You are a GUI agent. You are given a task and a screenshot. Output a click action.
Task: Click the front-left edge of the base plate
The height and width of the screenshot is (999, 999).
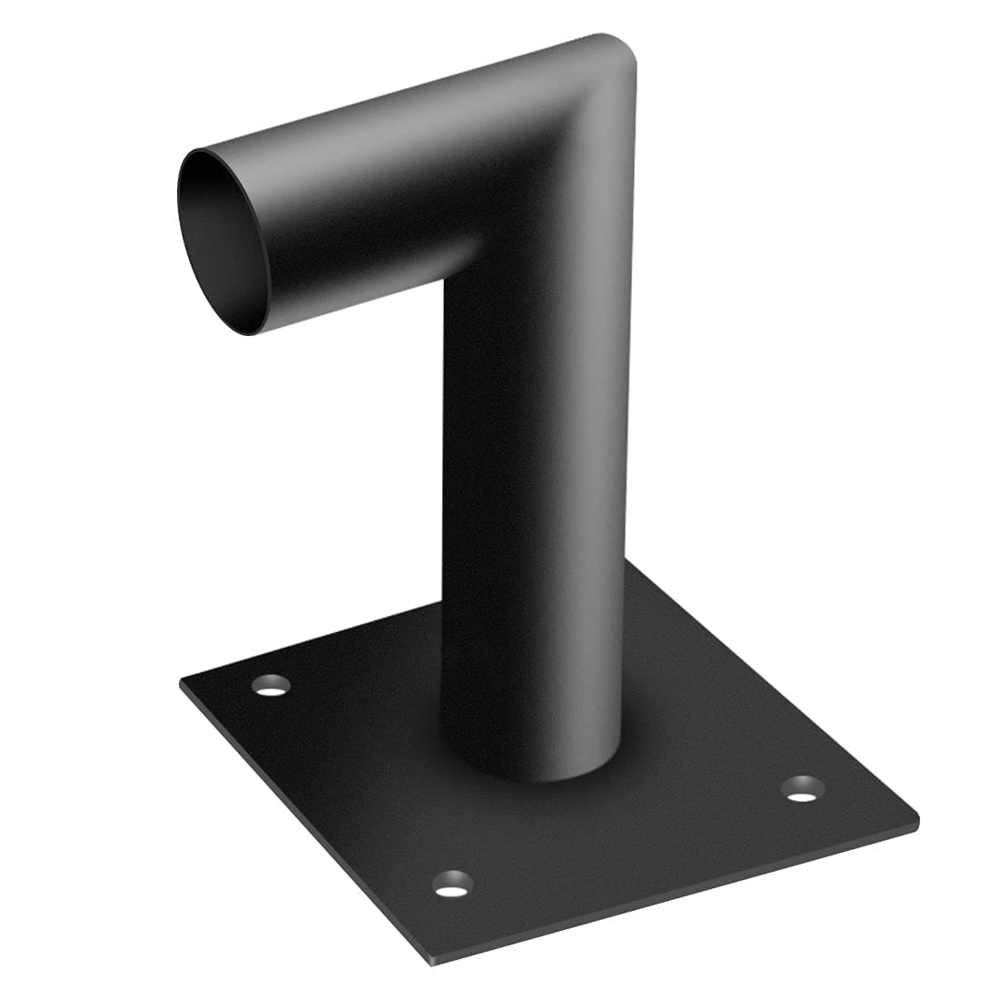pyautogui.click(x=300, y=817)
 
